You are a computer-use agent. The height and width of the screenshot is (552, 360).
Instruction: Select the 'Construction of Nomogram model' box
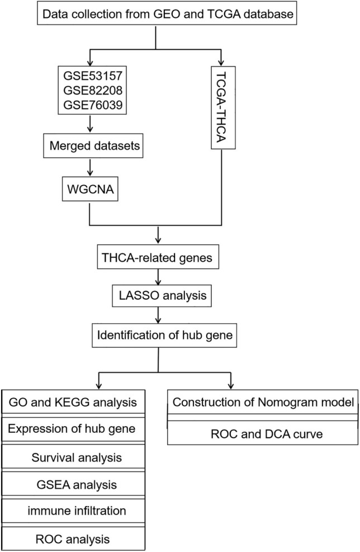point(264,402)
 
